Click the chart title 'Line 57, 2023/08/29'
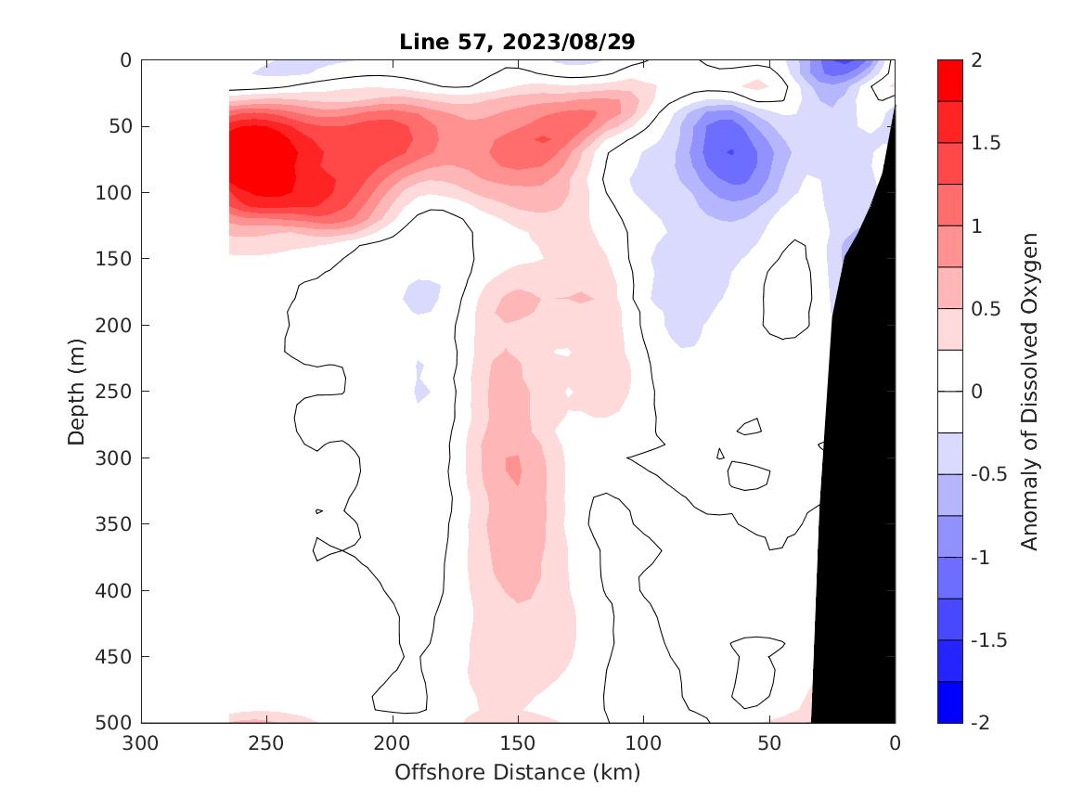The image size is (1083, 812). click(517, 42)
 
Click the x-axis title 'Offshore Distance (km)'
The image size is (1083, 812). click(517, 772)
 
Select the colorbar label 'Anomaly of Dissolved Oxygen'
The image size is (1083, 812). click(1028, 391)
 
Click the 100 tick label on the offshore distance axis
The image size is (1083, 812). click(643, 743)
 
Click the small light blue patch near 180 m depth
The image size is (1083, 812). click(422, 295)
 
